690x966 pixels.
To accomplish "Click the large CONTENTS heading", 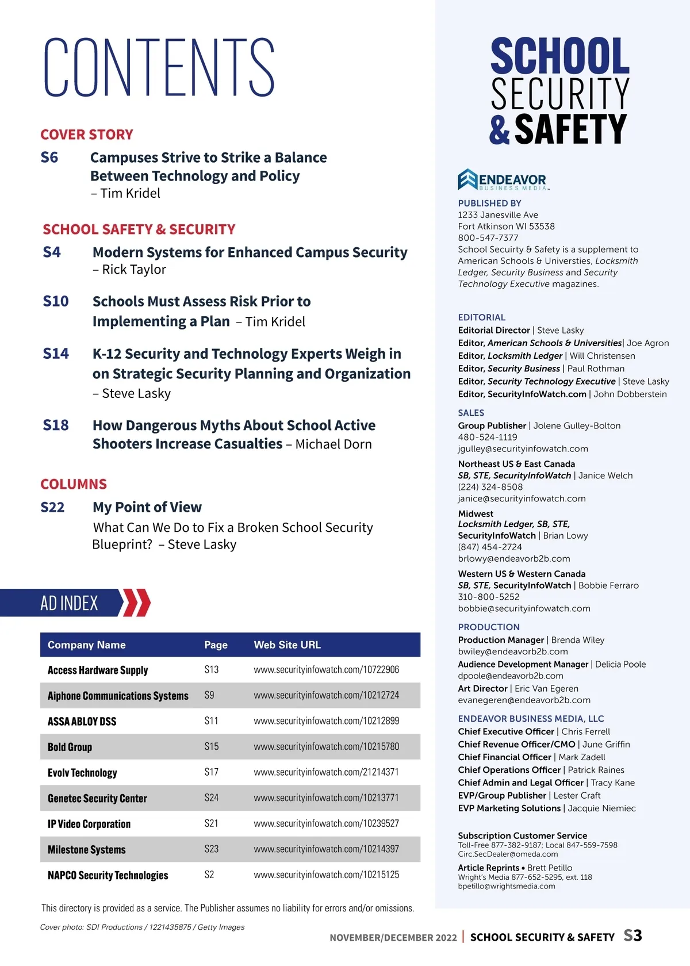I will point(159,67).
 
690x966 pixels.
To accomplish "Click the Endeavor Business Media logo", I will point(503,180).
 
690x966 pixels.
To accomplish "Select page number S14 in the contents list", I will point(56,354).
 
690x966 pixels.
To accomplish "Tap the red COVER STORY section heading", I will point(87,135).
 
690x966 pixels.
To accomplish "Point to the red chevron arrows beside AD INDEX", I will point(137,603).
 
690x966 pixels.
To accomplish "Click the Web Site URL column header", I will point(287,645).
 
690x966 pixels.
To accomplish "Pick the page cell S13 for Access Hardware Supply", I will point(212,670).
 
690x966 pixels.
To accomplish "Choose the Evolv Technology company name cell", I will point(82,773).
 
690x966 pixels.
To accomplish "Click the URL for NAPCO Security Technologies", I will point(326,875).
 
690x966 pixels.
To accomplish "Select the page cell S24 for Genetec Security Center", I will point(212,798).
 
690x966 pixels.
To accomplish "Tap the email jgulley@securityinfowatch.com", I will point(523,449).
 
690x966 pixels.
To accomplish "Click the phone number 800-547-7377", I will point(488,238).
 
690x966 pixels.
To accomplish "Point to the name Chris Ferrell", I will point(585,732).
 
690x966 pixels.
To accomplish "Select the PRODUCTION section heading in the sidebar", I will point(489,627).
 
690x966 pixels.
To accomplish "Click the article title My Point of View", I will point(147,507).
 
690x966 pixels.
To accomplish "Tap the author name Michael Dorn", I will point(333,444).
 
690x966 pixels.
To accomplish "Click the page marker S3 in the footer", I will point(632,936).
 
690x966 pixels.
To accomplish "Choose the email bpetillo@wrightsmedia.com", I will point(507,886).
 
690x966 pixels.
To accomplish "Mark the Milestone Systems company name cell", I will point(87,850).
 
